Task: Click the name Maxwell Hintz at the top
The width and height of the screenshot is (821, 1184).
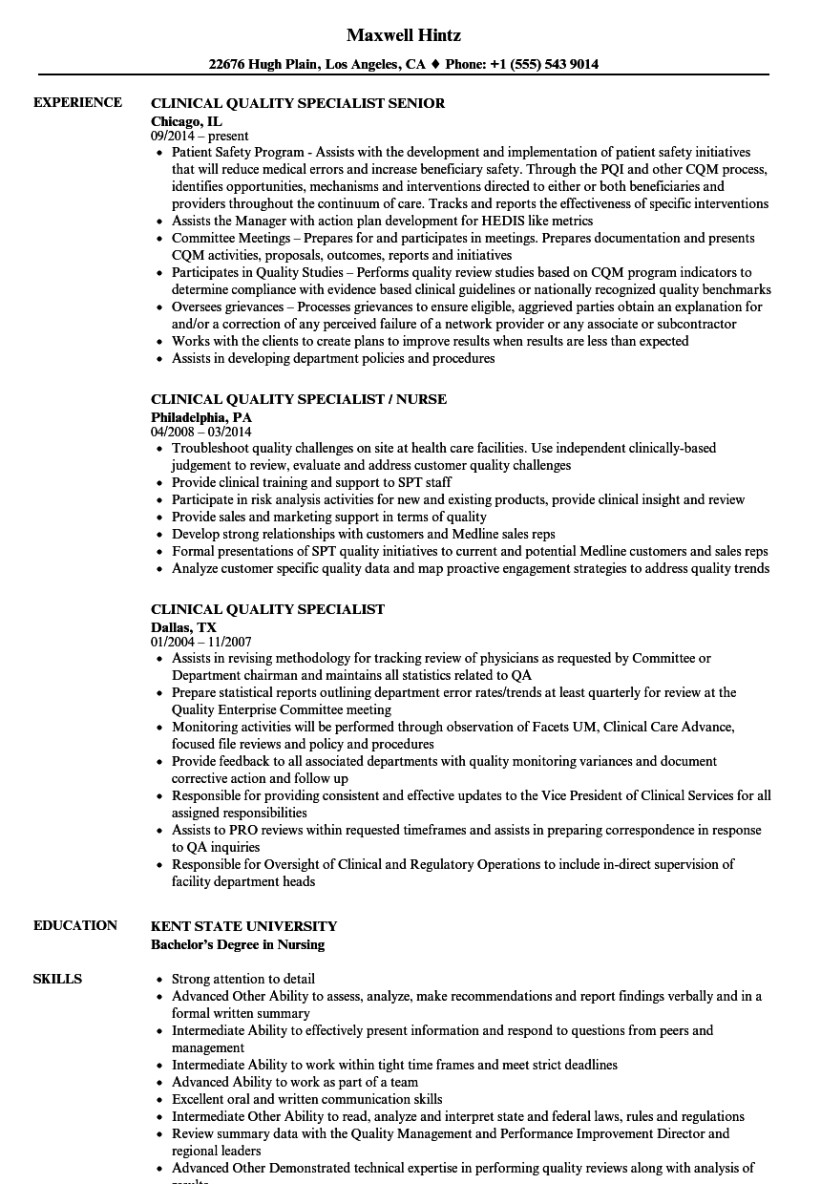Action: (x=404, y=35)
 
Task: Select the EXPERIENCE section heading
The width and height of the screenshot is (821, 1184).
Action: (x=77, y=102)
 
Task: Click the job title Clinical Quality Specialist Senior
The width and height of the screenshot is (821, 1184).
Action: (x=298, y=103)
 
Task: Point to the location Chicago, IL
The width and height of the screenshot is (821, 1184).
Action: (x=186, y=121)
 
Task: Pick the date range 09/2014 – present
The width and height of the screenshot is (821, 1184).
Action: (x=200, y=137)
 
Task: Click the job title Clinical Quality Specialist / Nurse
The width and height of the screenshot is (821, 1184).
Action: (x=299, y=399)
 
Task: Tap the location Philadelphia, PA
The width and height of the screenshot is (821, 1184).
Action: (x=201, y=417)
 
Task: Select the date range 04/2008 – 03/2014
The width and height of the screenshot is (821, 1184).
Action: (x=201, y=433)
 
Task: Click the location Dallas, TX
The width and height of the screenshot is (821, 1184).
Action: (x=183, y=627)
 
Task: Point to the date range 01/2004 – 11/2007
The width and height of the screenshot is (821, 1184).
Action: (x=200, y=643)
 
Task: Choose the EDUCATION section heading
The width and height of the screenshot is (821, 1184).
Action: (x=75, y=925)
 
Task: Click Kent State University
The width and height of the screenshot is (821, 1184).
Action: (x=243, y=926)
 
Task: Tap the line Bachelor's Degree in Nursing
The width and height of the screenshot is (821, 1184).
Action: (x=238, y=944)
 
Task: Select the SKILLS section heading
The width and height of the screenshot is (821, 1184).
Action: (x=57, y=979)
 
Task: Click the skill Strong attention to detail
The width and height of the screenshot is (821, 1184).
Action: (x=242, y=979)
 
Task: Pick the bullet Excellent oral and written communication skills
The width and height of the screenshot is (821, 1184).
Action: (x=306, y=1099)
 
